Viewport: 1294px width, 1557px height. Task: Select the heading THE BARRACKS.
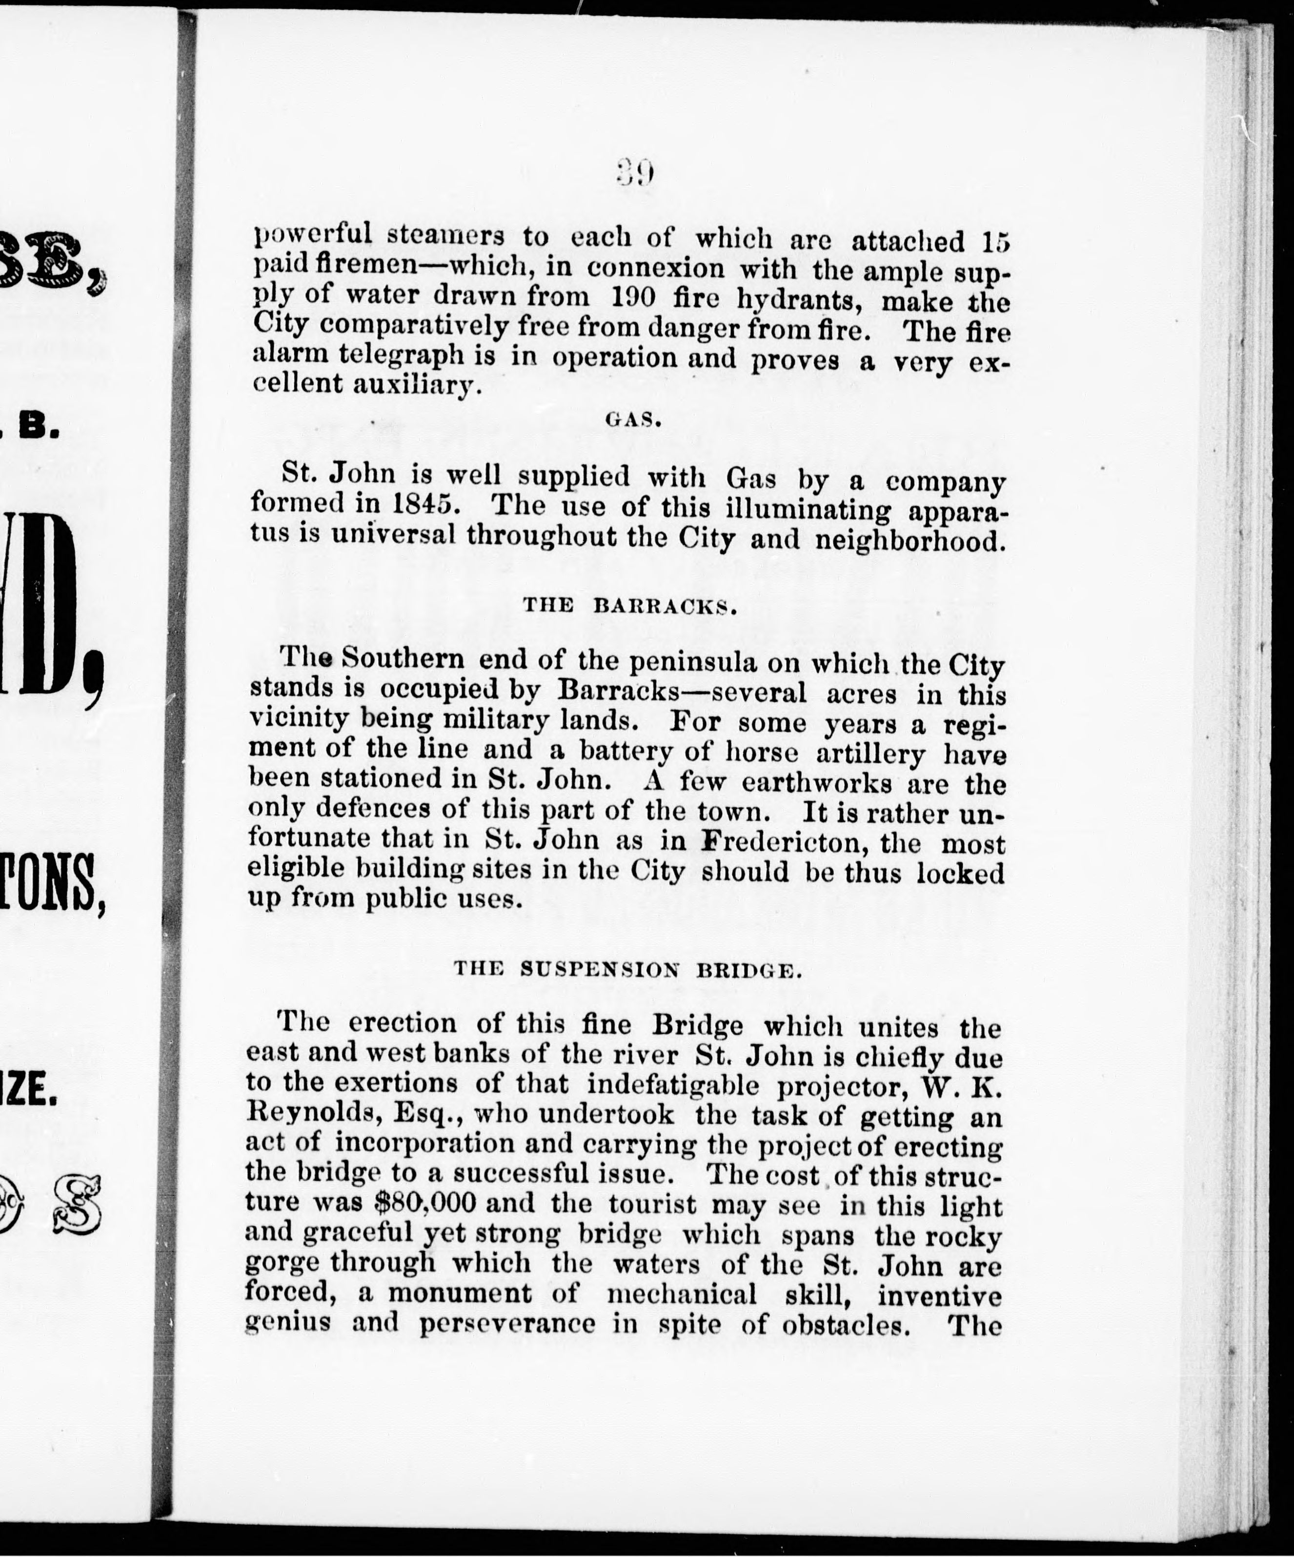(629, 606)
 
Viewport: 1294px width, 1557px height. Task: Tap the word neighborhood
(910, 540)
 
